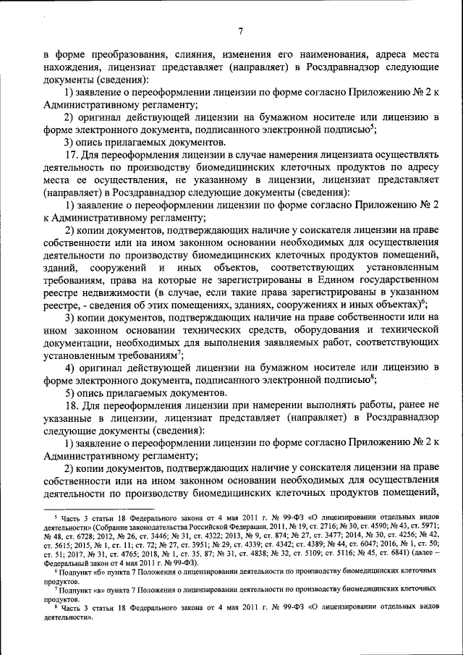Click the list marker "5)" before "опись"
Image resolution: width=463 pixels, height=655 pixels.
coord(72,392)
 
